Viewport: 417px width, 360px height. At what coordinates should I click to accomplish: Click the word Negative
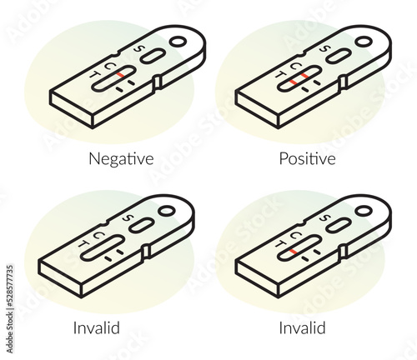[x=121, y=159]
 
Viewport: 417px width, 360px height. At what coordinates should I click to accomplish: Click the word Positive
[x=307, y=158]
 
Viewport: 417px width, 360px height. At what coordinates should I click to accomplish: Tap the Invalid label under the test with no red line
[x=97, y=327]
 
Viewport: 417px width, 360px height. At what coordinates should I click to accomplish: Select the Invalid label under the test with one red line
[x=302, y=327]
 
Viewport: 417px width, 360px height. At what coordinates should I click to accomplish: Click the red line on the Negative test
[x=120, y=75]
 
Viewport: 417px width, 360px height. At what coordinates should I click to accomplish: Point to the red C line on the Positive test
[x=305, y=76]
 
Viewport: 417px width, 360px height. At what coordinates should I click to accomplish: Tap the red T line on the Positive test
[x=293, y=82]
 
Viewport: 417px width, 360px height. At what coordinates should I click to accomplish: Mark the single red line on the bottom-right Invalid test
[x=293, y=252]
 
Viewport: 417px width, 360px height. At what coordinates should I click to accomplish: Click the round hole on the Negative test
[x=178, y=42]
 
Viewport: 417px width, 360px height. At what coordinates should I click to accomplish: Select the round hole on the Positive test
[x=364, y=42]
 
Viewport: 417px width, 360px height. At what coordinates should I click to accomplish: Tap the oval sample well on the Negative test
[x=152, y=56]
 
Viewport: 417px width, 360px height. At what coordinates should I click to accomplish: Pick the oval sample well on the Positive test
[x=338, y=56]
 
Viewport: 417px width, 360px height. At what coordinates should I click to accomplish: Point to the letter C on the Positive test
[x=296, y=67]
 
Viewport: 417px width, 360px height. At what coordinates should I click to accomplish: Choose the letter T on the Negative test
[x=95, y=75]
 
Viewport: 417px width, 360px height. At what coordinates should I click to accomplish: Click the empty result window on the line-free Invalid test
[x=103, y=248]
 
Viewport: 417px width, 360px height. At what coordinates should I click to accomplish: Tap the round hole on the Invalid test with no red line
[x=167, y=211]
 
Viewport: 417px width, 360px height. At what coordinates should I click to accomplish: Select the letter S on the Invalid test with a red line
[x=324, y=218]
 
